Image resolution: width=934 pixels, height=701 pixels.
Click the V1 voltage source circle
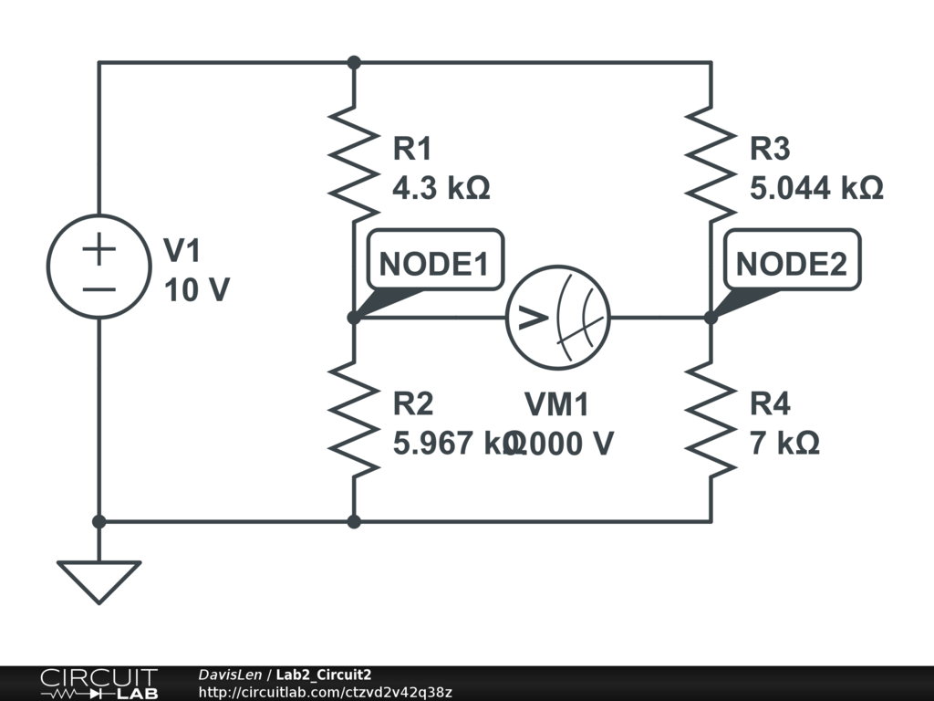[99, 267]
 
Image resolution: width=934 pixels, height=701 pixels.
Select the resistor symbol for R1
[354, 155]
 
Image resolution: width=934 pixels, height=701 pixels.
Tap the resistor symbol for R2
[354, 418]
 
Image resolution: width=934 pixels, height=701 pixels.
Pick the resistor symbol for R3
[711, 155]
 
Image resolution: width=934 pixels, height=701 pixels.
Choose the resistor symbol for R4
[711, 418]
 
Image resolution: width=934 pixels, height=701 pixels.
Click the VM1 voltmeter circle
[557, 318]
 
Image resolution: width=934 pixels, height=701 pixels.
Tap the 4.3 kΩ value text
[441, 188]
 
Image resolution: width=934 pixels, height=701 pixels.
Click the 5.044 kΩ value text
[816, 188]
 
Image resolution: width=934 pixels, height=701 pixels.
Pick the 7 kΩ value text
[784, 443]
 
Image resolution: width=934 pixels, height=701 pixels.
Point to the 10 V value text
[197, 290]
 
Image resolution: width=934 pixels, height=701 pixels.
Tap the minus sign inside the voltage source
[99, 289]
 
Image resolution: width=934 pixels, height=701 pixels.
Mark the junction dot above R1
[354, 62]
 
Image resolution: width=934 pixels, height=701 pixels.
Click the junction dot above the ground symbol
[99, 521]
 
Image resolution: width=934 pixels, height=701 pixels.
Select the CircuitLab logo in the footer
[99, 683]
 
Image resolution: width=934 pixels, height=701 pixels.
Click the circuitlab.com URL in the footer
[325, 692]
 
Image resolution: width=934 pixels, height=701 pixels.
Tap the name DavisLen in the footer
[227, 675]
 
